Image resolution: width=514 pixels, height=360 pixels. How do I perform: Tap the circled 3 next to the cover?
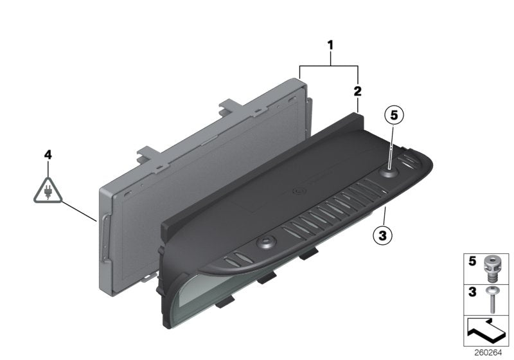pos(382,236)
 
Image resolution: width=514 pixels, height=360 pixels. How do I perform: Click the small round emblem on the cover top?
pos(299,191)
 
